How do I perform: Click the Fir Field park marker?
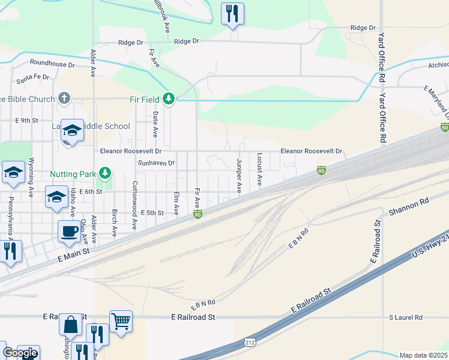(169, 98)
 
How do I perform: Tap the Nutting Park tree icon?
(106, 174)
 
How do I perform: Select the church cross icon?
(64, 98)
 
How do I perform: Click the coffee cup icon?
(69, 231)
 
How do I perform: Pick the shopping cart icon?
(121, 321)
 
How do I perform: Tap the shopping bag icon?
(70, 325)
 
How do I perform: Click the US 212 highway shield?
(250, 342)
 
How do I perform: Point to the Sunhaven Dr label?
(156, 163)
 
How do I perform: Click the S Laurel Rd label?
(406, 317)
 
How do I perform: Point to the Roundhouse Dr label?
(52, 64)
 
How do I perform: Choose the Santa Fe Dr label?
(33, 77)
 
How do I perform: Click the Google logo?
(20, 353)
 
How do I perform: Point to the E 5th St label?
(152, 213)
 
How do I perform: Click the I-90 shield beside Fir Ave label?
(197, 214)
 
